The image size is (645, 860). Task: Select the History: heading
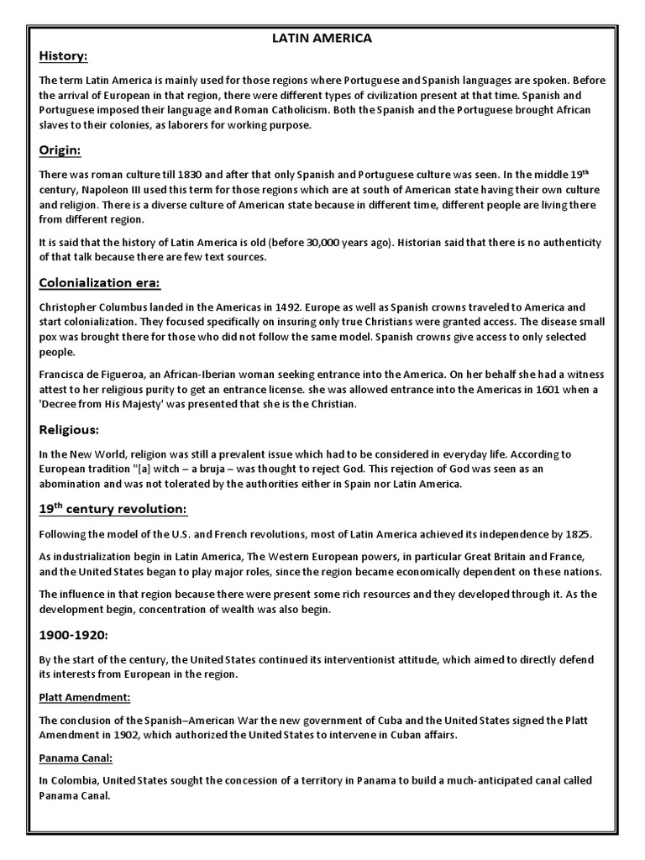click(64, 56)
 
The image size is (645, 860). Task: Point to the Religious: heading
click(70, 429)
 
